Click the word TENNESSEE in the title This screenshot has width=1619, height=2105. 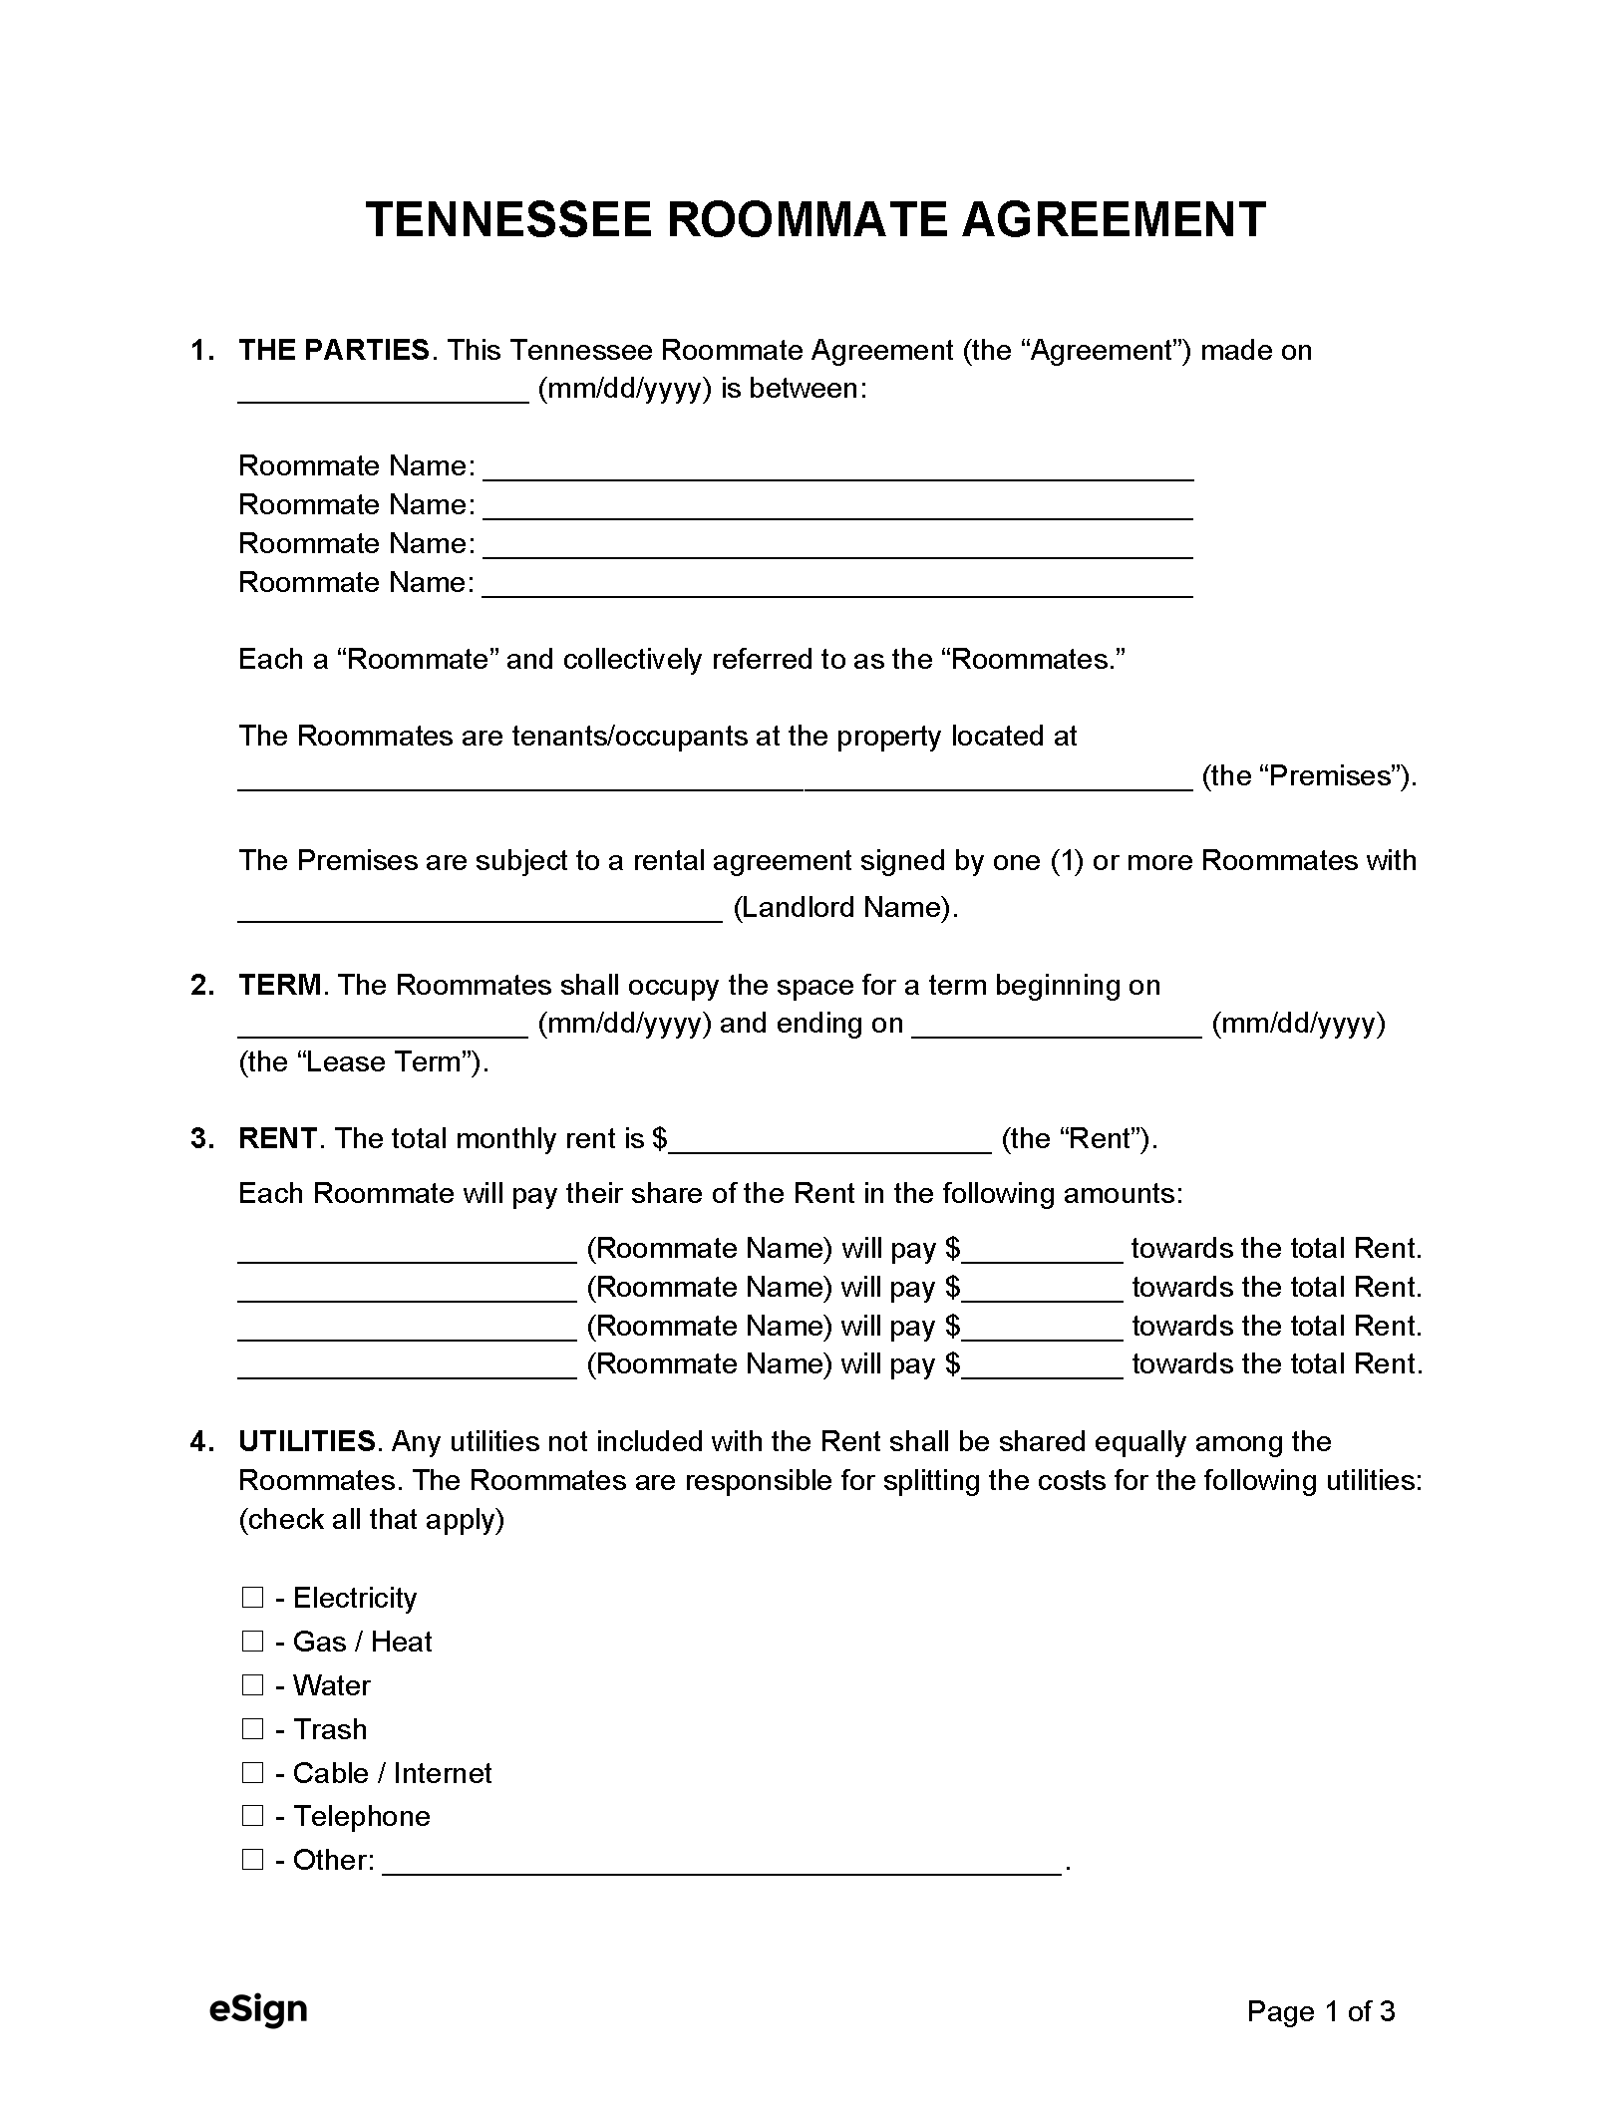507,220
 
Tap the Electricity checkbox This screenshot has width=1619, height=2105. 252,1598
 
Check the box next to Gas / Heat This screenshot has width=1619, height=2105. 252,1642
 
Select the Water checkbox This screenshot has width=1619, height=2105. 252,1685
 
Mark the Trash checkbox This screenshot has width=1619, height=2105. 252,1729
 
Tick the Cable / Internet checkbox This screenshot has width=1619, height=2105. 252,1773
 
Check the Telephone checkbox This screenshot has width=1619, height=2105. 252,1816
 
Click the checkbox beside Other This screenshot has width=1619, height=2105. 252,1860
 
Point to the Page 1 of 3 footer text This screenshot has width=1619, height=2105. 1320,2011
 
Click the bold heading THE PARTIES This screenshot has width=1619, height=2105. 334,351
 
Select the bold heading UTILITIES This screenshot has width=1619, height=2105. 306,1442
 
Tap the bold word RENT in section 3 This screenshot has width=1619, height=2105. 277,1139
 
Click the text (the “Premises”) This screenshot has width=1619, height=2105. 1309,776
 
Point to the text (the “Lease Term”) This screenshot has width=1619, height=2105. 364,1062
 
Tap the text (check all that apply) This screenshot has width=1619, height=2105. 371,1520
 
